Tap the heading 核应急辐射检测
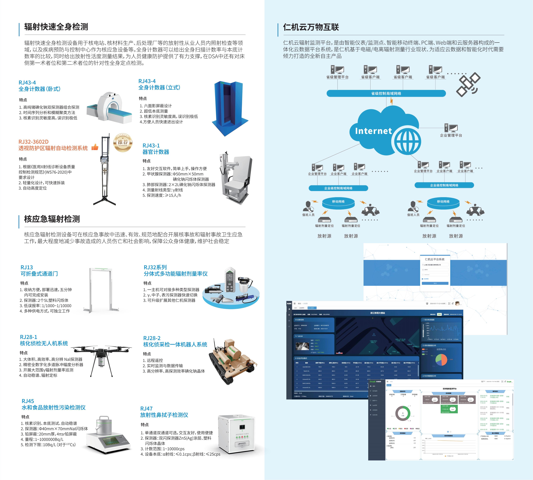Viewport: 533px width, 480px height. point(52,219)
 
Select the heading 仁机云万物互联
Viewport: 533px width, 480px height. point(311,27)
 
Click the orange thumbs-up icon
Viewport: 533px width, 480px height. point(95,147)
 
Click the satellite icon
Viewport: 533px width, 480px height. point(468,84)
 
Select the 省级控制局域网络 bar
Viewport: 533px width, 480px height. point(386,93)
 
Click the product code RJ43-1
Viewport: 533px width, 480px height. point(151,146)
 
